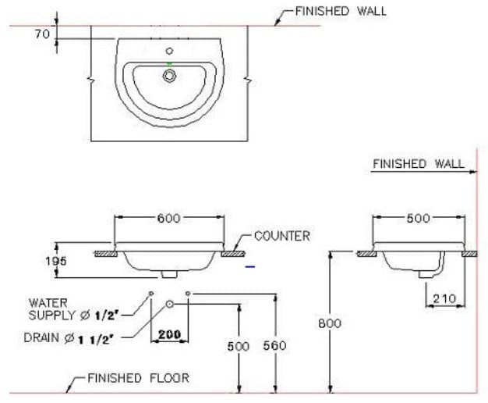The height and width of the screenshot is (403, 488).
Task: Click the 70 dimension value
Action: click(42, 35)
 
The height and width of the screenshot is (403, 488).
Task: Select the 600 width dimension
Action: click(168, 218)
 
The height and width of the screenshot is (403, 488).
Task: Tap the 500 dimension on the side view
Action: click(419, 218)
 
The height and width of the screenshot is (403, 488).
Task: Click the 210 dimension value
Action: click(444, 298)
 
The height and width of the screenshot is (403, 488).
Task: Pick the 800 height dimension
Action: click(334, 323)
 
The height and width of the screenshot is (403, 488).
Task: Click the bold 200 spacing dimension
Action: click(169, 334)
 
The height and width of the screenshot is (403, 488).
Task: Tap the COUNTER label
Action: click(281, 236)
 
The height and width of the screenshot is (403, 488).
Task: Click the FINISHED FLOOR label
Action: click(137, 378)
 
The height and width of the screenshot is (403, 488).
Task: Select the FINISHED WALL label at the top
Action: click(340, 11)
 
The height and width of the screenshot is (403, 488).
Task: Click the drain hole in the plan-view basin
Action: click(169, 76)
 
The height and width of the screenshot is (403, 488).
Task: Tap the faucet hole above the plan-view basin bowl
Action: click(169, 52)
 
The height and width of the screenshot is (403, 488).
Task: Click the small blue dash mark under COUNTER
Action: click(249, 266)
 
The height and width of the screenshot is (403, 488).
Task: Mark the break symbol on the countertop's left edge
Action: click(91, 80)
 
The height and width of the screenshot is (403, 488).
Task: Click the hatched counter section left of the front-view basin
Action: click(104, 253)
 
